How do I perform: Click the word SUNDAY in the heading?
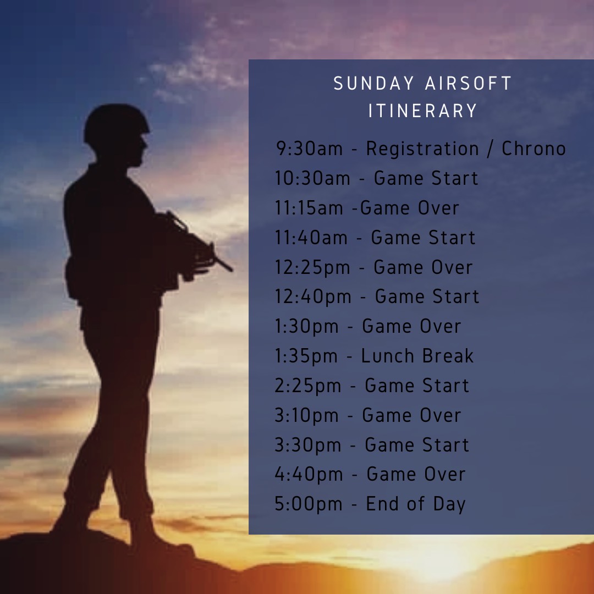[374, 84]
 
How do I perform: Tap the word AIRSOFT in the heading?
[469, 84]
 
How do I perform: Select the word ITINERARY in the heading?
[423, 111]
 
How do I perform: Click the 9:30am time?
[310, 148]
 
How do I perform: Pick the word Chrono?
[533, 148]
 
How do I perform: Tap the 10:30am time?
[312, 178]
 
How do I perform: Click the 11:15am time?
[309, 208]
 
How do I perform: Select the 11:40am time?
[311, 238]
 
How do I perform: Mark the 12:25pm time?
[312, 268]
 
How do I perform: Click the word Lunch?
[388, 356]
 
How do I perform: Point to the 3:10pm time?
[306, 416]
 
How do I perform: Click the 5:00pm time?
[309, 504]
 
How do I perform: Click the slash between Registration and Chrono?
[490, 148]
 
